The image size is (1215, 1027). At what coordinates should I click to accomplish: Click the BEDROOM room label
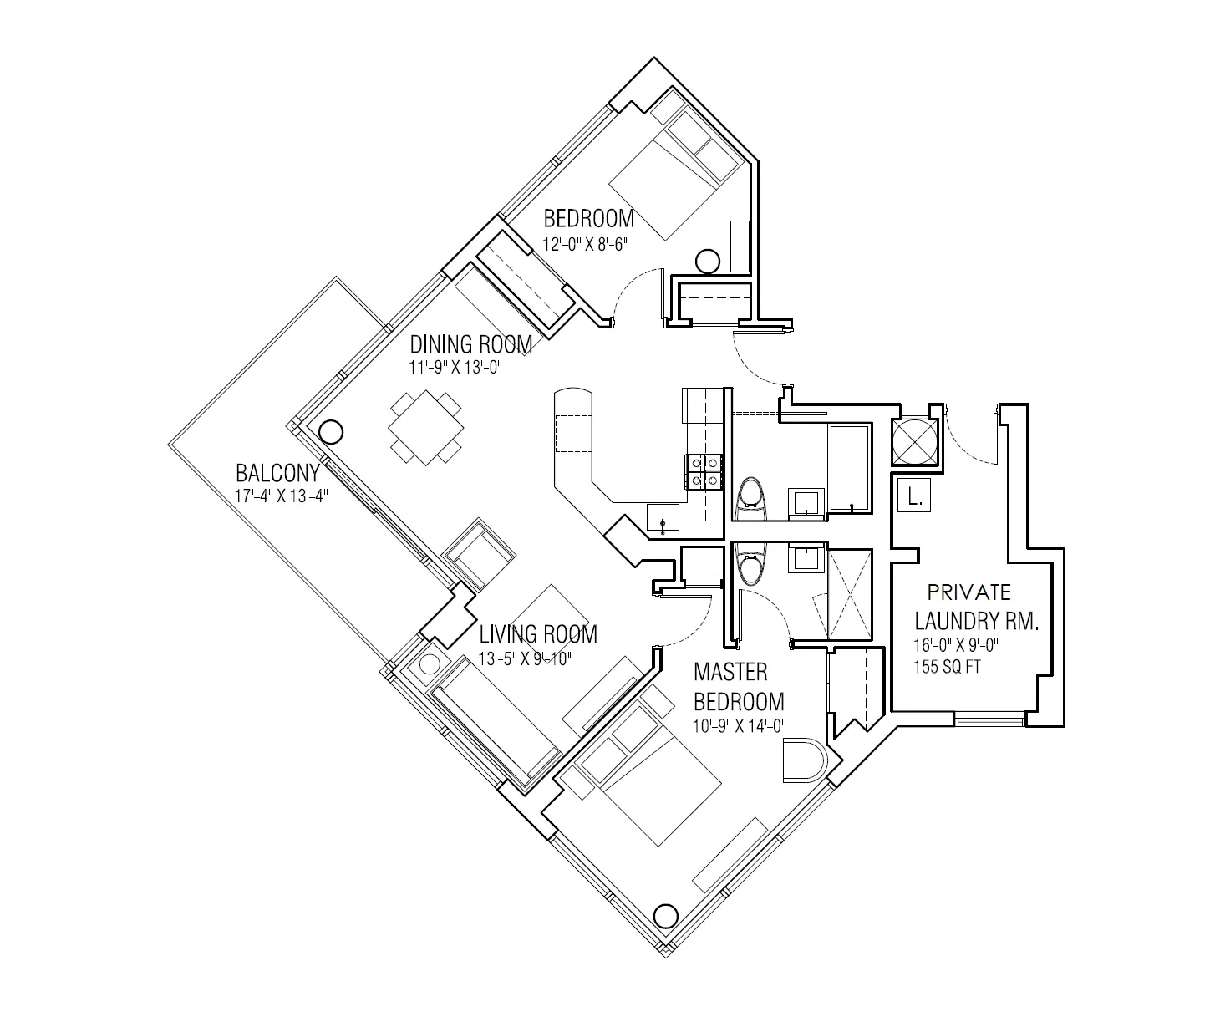[x=588, y=219]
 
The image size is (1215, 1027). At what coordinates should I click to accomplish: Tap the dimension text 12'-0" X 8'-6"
[x=584, y=245]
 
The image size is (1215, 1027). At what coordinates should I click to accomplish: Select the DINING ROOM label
[x=470, y=344]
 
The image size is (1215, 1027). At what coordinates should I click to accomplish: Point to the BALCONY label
[x=277, y=473]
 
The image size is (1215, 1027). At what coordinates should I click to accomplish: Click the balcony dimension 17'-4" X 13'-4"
[x=282, y=496]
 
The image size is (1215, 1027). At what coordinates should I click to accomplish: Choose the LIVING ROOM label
[x=537, y=634]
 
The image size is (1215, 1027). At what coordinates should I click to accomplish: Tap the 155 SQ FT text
[x=947, y=668]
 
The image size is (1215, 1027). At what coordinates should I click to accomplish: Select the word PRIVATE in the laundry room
[x=969, y=593]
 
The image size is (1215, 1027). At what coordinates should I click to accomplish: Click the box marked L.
[x=913, y=498]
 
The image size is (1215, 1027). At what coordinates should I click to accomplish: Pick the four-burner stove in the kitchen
[x=704, y=470]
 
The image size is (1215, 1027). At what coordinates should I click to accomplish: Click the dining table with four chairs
[x=426, y=429]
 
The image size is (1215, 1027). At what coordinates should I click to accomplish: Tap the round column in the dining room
[x=331, y=432]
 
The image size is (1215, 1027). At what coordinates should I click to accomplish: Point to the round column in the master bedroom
[x=665, y=917]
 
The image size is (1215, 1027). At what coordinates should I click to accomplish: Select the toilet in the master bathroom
[x=751, y=568]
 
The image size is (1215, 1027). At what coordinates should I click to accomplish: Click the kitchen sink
[x=664, y=518]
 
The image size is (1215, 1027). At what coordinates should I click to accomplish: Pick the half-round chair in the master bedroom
[x=804, y=760]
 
